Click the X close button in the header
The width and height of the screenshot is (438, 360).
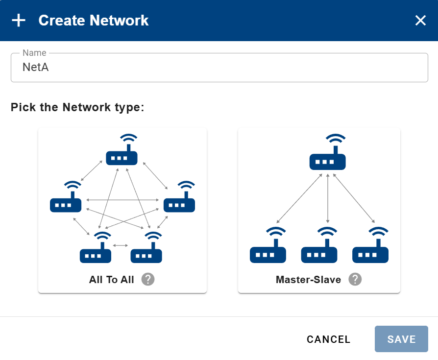pyautogui.click(x=420, y=21)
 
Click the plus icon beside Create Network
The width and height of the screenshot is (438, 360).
pyautogui.click(x=19, y=21)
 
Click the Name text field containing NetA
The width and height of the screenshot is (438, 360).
pyautogui.click(x=219, y=68)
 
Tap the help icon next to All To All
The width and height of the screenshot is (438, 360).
pyautogui.click(x=148, y=279)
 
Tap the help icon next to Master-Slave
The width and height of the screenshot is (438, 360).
pyautogui.click(x=355, y=279)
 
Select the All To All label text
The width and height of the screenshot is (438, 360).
pyautogui.click(x=111, y=280)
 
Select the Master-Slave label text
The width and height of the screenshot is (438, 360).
pyautogui.click(x=308, y=280)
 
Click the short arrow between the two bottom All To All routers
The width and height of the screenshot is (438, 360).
pyautogui.click(x=121, y=245)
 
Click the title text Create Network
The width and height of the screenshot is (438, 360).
pyautogui.click(x=94, y=21)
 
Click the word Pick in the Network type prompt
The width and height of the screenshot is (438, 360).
pyautogui.click(x=23, y=107)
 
